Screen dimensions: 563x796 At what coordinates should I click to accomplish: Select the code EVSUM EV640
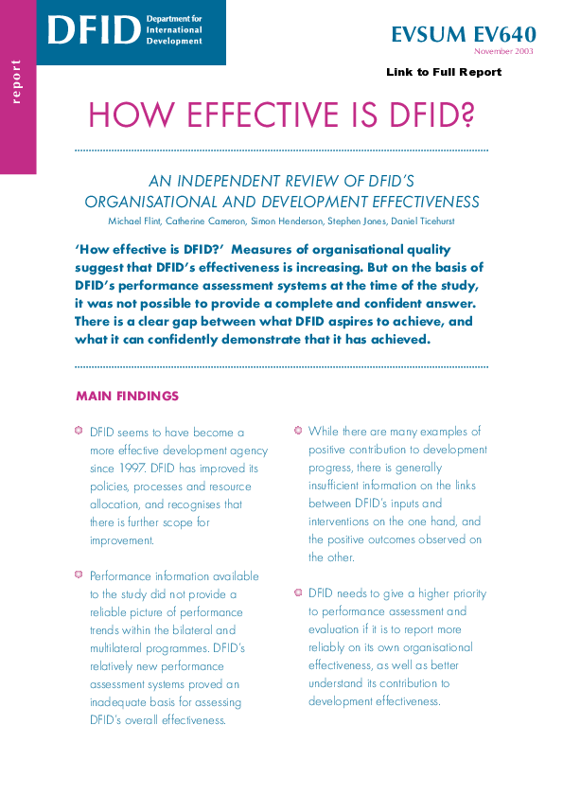(462, 35)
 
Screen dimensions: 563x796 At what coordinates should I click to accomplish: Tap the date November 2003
(503, 51)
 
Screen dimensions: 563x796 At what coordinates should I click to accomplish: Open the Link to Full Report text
(444, 72)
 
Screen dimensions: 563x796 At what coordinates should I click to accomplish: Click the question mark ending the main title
(465, 115)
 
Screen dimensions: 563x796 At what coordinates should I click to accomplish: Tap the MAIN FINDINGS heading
(127, 396)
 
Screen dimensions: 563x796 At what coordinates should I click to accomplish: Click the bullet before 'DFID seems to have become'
(79, 432)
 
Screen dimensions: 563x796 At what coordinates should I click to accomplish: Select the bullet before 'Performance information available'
(79, 575)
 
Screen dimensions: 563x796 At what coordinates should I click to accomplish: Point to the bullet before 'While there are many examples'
(298, 431)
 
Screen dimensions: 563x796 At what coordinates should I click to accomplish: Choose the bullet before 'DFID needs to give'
(298, 593)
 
